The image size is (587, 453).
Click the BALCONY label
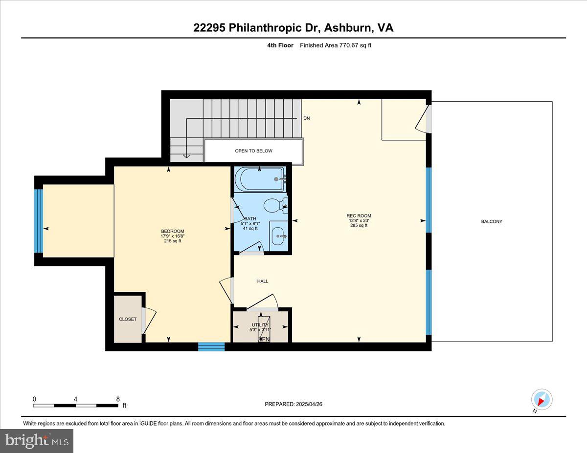coord(492,221)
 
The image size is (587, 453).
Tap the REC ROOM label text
coord(359,216)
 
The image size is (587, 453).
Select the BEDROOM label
coord(173,231)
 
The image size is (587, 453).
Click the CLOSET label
coord(128,319)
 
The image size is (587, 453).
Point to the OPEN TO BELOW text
coord(253,151)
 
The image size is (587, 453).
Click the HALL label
coord(263,281)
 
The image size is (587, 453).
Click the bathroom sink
coord(278,237)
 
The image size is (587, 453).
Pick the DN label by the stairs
coord(307,118)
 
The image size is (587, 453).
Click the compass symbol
coord(542,399)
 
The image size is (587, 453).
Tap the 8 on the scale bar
coord(118,399)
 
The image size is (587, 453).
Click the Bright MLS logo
coord(37,440)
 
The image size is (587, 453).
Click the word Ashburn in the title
coord(348,28)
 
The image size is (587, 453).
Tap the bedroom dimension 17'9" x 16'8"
coord(173,236)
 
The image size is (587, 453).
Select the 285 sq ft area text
coord(359,225)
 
